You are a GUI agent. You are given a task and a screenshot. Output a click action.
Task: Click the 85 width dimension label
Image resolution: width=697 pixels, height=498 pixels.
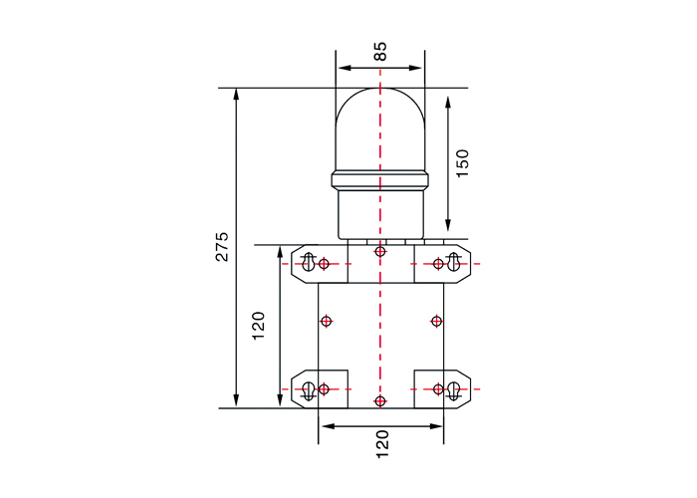pos(380,51)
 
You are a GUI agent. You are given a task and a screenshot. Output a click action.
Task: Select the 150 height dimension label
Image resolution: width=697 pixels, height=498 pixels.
pos(463,163)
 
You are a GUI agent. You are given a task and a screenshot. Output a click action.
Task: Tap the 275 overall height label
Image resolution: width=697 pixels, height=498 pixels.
pos(222,246)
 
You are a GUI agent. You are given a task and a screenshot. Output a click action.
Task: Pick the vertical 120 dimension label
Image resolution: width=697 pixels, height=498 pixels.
pos(259,326)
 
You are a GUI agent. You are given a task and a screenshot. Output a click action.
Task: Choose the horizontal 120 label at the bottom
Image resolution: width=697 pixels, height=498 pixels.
pos(382,444)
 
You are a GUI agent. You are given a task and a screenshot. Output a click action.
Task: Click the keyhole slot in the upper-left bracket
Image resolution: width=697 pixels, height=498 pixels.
pos(308,262)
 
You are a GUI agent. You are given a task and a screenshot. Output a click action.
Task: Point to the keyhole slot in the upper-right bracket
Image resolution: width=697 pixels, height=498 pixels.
pos(453,262)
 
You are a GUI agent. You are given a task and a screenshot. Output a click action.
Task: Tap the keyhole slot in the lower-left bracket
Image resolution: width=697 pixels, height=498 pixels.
pos(308,391)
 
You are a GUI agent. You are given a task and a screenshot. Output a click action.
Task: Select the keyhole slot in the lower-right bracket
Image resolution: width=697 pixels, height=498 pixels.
pos(453,391)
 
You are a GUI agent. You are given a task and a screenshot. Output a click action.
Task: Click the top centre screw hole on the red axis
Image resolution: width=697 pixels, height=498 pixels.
pos(380,252)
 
